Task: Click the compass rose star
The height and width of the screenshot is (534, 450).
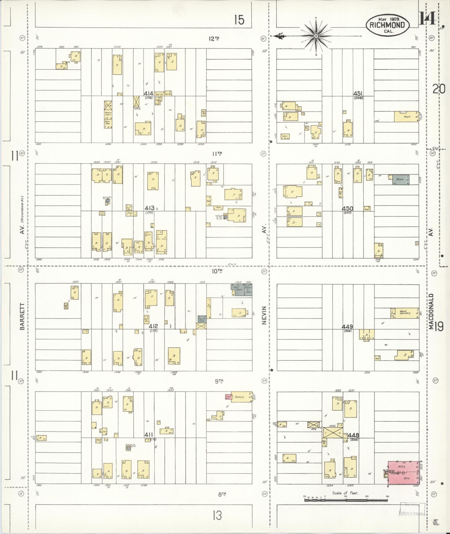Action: click(316, 36)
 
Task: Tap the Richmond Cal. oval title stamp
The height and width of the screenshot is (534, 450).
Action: click(388, 25)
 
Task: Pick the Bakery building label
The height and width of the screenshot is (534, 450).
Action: click(239, 397)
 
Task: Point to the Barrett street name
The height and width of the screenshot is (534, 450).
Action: click(23, 317)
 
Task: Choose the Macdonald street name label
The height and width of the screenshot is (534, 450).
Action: click(431, 311)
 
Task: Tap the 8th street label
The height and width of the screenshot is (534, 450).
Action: click(222, 494)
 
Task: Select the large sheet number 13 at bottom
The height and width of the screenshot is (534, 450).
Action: click(217, 515)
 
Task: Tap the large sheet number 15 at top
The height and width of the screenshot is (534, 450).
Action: click(239, 20)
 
